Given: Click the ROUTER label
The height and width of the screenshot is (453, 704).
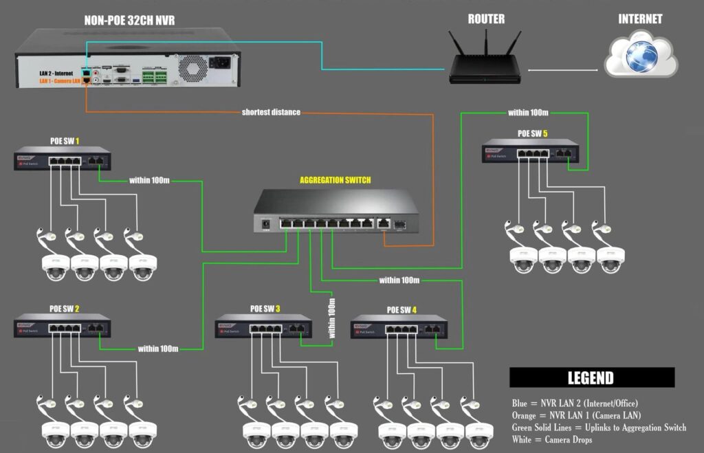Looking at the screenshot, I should [x=486, y=19].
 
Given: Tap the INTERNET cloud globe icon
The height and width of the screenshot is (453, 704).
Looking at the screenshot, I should [x=641, y=56].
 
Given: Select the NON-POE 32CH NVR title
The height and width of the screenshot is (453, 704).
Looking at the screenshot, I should [x=129, y=21].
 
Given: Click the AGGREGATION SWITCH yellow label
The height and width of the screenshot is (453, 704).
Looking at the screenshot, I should [x=335, y=180].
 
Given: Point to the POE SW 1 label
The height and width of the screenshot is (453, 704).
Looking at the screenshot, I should [x=65, y=141].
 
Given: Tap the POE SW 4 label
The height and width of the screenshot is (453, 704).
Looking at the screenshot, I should [x=401, y=309].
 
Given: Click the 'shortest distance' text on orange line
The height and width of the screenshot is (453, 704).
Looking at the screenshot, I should [x=271, y=111].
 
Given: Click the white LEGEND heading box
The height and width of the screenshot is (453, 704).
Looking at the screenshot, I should [x=591, y=377].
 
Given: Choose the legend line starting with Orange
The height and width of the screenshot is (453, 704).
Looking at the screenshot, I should [x=576, y=415].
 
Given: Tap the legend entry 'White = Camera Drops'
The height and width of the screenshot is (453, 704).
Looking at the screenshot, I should [x=551, y=440].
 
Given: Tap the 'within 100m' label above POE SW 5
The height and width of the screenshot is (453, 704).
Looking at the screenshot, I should [x=528, y=112].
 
